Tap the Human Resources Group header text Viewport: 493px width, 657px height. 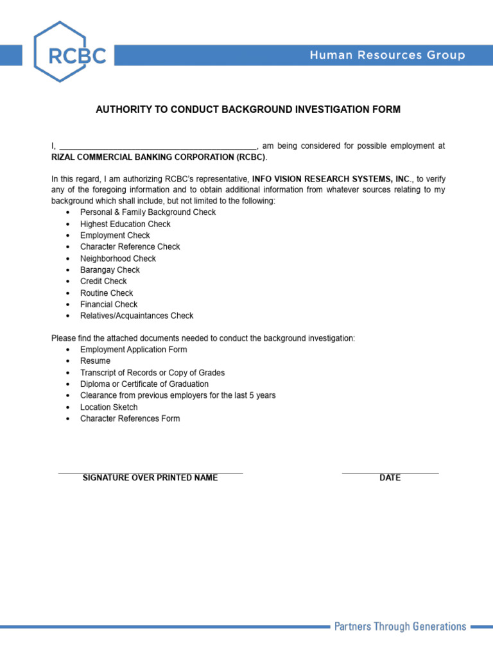387,55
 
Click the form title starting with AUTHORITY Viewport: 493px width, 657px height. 248,110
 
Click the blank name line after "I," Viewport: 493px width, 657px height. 158,146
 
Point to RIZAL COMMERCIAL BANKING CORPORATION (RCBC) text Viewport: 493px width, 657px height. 158,157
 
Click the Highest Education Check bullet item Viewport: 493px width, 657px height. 125,224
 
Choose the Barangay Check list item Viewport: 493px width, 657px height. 110,270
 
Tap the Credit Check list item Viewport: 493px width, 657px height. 103,281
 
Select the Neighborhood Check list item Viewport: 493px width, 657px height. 117,259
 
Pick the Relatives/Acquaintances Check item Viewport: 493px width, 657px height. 136,316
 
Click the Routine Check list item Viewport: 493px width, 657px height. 107,293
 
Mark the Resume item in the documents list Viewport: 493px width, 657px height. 95,361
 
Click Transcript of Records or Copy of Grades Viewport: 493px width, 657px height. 152,373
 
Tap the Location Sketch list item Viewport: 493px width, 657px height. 108,407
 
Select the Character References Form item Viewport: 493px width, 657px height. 130,419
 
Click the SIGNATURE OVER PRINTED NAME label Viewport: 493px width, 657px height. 150,478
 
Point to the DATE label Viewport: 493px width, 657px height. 390,478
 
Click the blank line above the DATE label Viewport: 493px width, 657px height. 390,472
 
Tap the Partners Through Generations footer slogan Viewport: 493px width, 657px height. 400,626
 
